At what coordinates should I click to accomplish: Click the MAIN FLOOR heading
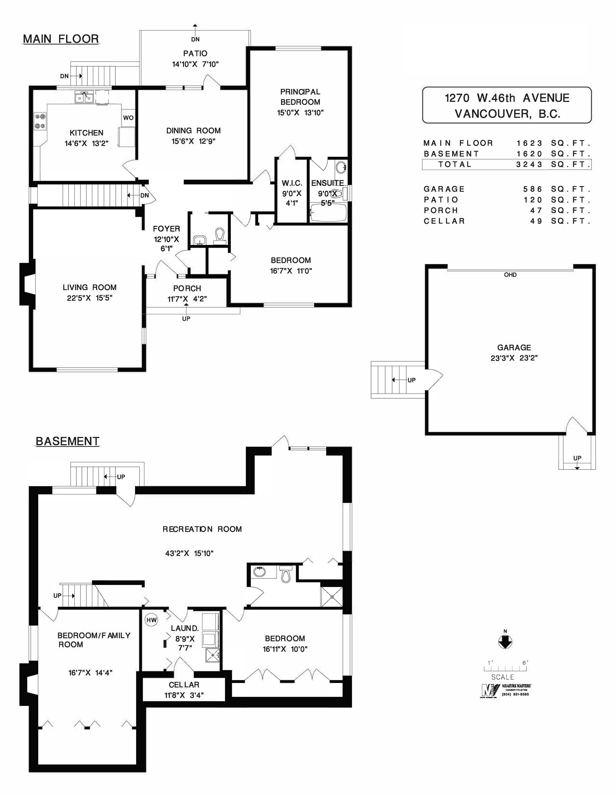(x=61, y=39)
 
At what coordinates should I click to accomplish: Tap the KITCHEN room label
(x=86, y=133)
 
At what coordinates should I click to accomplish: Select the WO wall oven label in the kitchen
(x=128, y=118)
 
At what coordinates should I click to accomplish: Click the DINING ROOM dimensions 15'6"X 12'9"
(x=193, y=141)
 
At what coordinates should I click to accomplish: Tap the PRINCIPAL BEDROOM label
(x=300, y=97)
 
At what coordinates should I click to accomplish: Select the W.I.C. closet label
(x=292, y=183)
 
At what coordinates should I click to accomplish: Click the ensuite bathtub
(x=328, y=212)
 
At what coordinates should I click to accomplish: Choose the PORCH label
(x=187, y=288)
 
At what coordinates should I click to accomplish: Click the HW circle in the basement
(x=151, y=619)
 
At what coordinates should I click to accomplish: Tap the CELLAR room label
(x=184, y=685)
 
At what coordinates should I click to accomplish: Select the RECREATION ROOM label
(x=202, y=529)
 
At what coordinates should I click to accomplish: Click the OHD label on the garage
(x=510, y=275)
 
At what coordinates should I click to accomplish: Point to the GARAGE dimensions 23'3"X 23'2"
(x=514, y=358)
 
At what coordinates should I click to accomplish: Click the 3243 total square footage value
(x=529, y=164)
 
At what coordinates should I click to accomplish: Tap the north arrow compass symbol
(x=505, y=642)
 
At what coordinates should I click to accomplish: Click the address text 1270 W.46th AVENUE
(x=507, y=98)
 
